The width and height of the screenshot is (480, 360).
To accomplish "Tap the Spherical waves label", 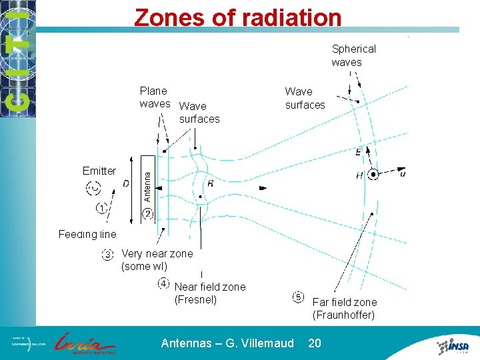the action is pyautogui.click(x=353, y=55).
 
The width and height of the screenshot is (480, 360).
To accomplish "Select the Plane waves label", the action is pyautogui.click(x=154, y=97).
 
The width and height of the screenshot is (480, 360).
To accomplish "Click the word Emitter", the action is pyautogui.click(x=99, y=171).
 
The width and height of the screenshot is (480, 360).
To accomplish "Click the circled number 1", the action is pyautogui.click(x=101, y=209).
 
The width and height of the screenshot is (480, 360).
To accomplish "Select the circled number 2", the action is pyautogui.click(x=147, y=214).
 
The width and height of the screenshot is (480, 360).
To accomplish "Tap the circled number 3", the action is pyautogui.click(x=107, y=254).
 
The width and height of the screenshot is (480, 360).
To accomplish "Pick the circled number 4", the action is pyautogui.click(x=163, y=283).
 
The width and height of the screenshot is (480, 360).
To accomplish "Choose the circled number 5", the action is pyautogui.click(x=298, y=297).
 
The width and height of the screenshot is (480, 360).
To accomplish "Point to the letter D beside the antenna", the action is pyautogui.click(x=126, y=184).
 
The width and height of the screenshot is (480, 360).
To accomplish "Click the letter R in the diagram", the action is pyautogui.click(x=211, y=183).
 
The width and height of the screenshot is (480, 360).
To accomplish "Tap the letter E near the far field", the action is pyautogui.click(x=359, y=153).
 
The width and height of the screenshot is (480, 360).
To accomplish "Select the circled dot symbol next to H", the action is pyautogui.click(x=373, y=175).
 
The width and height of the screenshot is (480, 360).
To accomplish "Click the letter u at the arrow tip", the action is pyautogui.click(x=403, y=173).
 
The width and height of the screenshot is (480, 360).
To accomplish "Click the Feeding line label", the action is pyautogui.click(x=87, y=234).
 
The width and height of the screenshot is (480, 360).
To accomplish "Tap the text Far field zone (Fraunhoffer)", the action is pyautogui.click(x=344, y=309).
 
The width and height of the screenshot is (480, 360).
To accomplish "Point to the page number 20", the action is pyautogui.click(x=314, y=343).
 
